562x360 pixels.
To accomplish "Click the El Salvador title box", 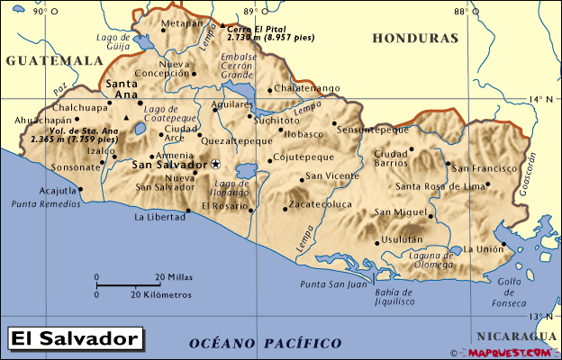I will point(76,338).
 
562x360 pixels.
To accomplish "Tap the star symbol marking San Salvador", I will point(216,164).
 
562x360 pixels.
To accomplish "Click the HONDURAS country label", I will point(415,39).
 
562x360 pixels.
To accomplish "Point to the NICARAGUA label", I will point(517,335).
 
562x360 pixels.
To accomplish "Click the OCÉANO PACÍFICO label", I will point(266,343).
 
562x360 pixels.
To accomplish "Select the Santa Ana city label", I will point(122,88).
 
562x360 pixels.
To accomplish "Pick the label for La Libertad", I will point(159,217).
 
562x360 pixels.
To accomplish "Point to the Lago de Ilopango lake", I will point(244,169).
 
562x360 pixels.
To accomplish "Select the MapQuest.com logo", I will point(512,352).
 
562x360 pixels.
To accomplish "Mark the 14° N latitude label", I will point(540,99).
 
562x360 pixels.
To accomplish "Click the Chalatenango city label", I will point(306,88).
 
